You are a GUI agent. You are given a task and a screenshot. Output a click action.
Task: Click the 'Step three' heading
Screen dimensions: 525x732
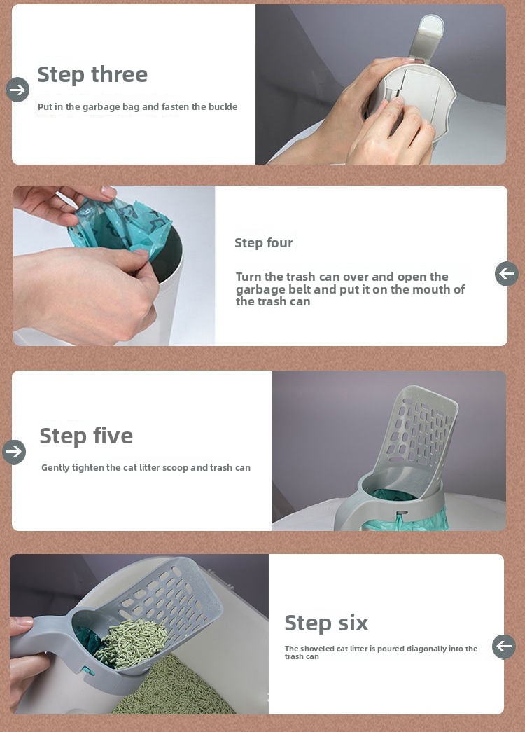[92, 75]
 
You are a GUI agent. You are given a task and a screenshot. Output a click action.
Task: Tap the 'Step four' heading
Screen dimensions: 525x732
[264, 243]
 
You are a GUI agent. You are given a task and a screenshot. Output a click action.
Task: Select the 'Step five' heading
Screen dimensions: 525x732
[86, 436]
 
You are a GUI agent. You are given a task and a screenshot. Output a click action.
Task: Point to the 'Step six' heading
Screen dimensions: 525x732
[327, 623]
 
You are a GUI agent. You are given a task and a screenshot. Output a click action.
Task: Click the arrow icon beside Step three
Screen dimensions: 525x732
[17, 90]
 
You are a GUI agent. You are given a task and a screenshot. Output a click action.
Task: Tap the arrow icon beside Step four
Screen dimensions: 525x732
[507, 274]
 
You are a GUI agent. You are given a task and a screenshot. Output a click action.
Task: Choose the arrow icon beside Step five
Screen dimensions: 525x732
[14, 452]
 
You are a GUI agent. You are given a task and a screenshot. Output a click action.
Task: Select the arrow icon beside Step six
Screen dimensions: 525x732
[504, 647]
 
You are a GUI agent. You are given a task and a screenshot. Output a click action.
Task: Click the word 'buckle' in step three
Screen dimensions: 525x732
[223, 106]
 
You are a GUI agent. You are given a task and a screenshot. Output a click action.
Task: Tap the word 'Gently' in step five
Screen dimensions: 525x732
[55, 468]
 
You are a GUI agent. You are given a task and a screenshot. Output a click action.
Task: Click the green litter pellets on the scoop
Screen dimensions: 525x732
[132, 643]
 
